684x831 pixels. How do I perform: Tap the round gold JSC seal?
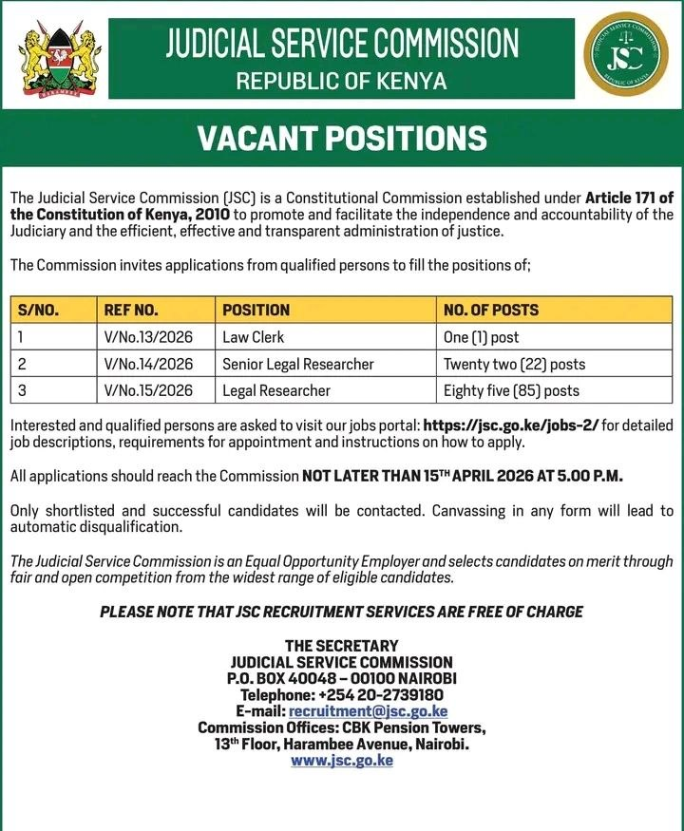pyautogui.click(x=626, y=58)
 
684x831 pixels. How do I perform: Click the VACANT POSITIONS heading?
pyautogui.click(x=341, y=139)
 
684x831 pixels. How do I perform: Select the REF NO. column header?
pyautogui.click(x=131, y=310)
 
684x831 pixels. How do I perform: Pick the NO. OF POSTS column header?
pyautogui.click(x=490, y=310)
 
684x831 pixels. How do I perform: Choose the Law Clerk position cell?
pyautogui.click(x=253, y=337)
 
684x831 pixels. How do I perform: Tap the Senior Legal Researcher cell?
pyautogui.click(x=298, y=364)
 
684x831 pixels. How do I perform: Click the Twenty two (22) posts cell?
pyautogui.click(x=514, y=364)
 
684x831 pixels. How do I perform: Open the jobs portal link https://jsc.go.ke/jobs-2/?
pyautogui.click(x=511, y=425)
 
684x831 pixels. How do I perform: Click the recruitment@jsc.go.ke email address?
pyautogui.click(x=368, y=711)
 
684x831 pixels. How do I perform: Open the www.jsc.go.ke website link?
pyautogui.click(x=341, y=761)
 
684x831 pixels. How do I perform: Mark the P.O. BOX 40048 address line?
pyautogui.click(x=341, y=678)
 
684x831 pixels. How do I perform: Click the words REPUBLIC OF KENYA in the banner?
pyautogui.click(x=341, y=81)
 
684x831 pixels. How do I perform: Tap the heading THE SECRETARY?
pyautogui.click(x=341, y=646)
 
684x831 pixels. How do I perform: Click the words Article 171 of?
pyautogui.click(x=629, y=198)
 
